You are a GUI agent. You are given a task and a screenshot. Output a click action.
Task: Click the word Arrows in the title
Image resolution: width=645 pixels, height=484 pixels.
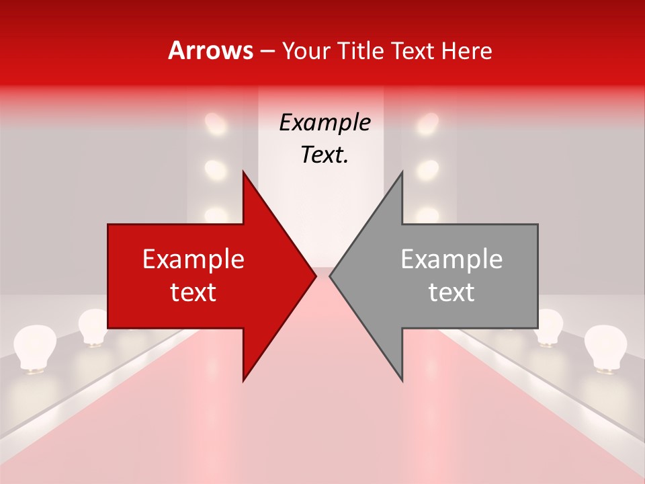[x=210, y=51]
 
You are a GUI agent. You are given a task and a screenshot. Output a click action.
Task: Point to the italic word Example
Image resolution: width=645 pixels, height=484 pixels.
[x=325, y=123]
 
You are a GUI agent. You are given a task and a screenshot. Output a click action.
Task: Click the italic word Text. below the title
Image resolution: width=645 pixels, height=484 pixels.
[x=325, y=155]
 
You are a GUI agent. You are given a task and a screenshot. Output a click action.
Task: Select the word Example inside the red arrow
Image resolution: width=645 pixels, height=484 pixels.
[x=193, y=259]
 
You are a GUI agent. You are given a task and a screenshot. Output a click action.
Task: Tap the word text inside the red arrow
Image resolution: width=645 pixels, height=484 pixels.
[x=193, y=292]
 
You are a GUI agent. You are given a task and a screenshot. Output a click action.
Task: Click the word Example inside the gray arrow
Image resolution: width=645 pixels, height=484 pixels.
[x=451, y=259]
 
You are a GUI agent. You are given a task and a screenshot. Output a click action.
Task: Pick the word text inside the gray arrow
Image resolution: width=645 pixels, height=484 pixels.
[x=451, y=292]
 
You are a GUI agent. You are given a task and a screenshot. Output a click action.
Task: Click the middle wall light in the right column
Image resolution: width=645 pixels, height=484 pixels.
[x=427, y=169]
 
